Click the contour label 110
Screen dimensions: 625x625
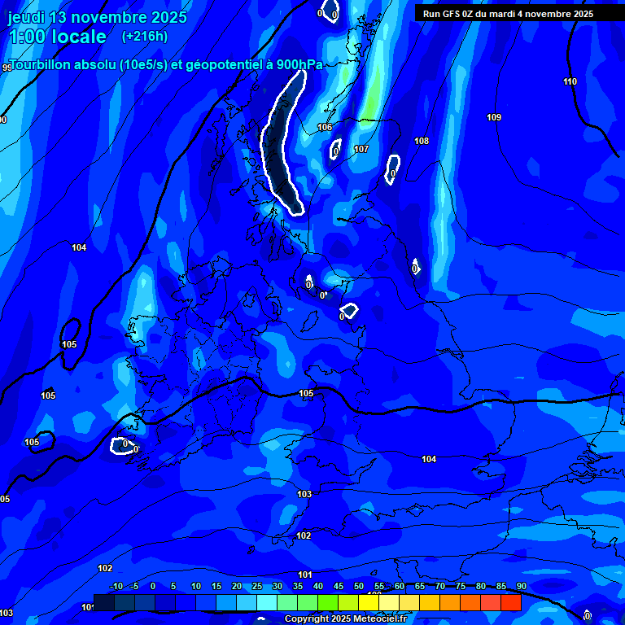click(570, 81)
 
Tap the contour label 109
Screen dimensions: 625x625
click(494, 118)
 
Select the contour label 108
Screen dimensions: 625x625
click(422, 142)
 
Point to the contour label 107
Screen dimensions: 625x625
click(361, 150)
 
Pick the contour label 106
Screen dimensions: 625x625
click(325, 128)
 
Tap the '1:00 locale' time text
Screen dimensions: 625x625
click(57, 37)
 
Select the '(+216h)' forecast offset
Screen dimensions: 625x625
click(145, 37)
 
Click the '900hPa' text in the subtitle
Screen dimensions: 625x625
click(294, 65)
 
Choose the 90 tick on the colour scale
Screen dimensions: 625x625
click(521, 587)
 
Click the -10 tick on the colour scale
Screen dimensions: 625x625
click(115, 587)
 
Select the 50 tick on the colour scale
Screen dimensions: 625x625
click(359, 587)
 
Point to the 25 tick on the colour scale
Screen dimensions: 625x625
click(257, 587)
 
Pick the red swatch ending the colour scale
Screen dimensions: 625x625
click(511, 602)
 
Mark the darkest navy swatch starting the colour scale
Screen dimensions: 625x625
click(103, 602)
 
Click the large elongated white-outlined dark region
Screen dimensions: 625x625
click(281, 146)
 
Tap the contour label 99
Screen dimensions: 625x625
click(7, 68)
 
